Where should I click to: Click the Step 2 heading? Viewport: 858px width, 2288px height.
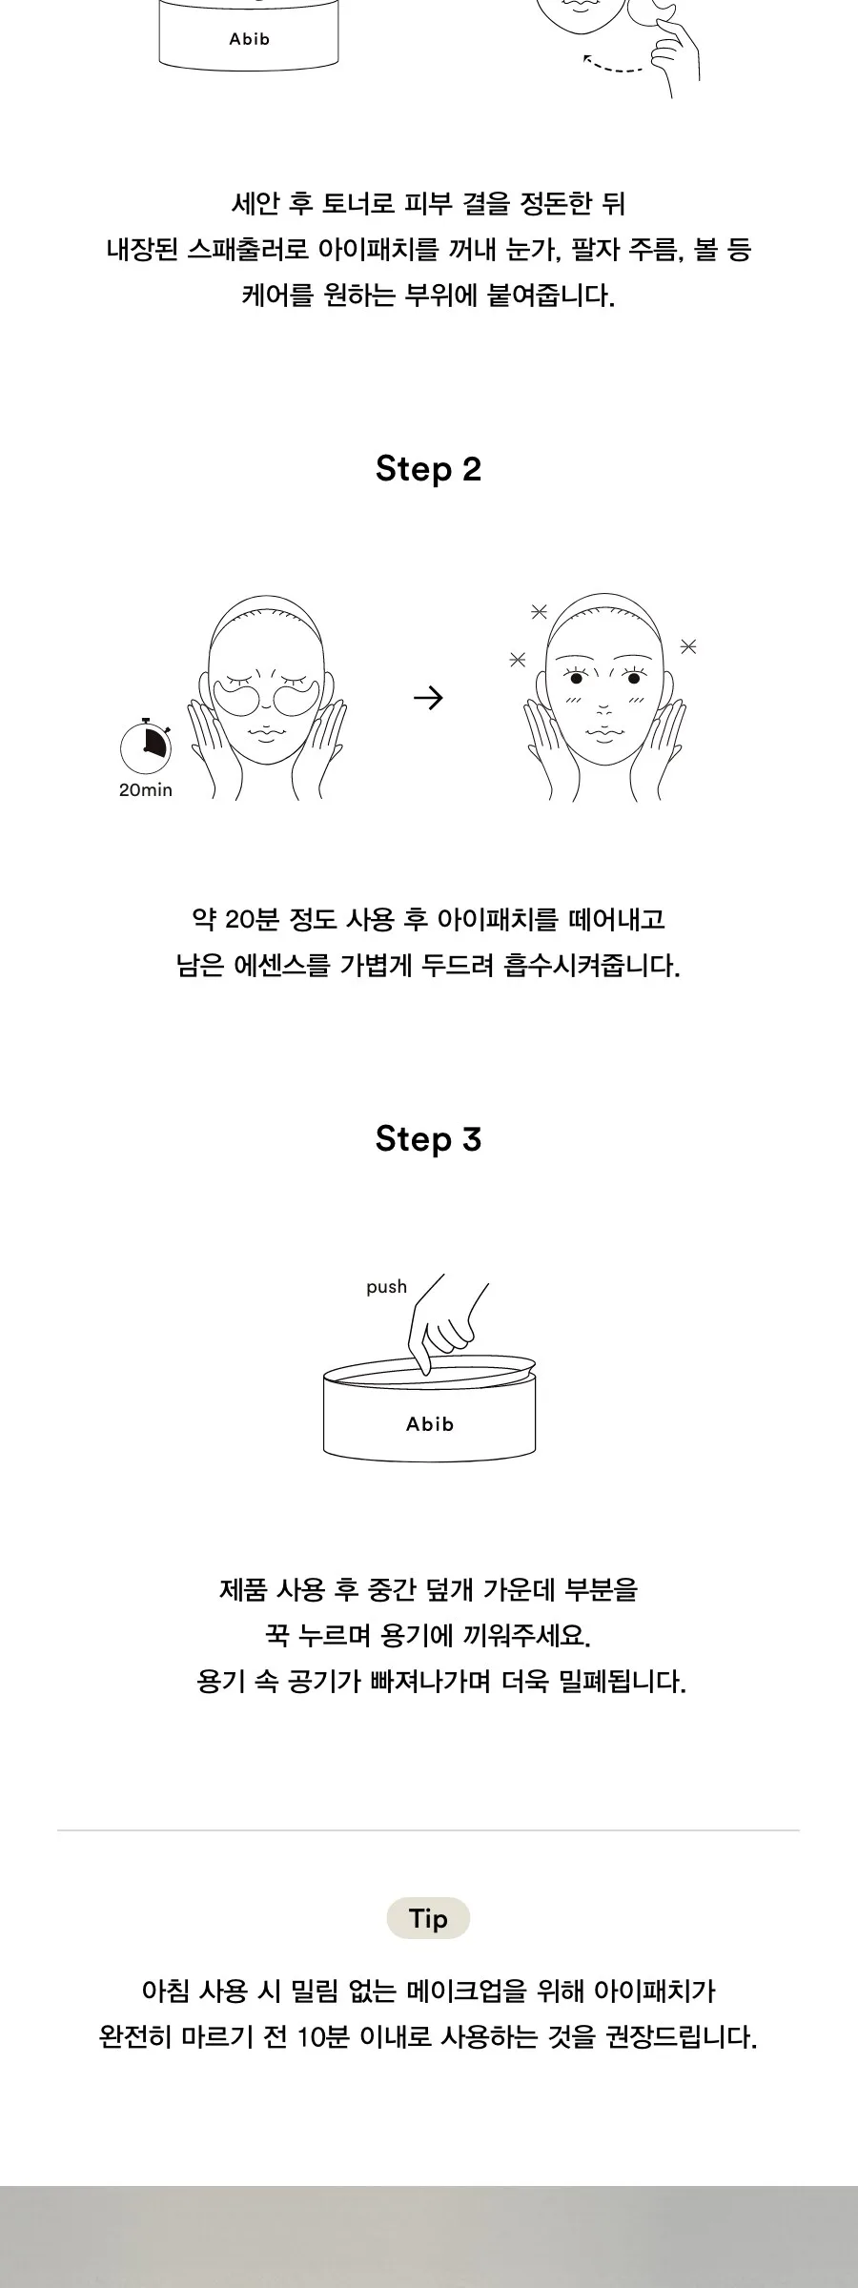[x=428, y=469]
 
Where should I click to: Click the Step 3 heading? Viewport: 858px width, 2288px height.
[x=428, y=1139]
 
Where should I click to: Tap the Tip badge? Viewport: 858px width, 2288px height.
[x=428, y=1918]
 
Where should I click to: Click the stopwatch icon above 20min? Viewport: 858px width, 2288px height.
[x=145, y=745]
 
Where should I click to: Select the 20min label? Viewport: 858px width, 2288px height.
[x=146, y=790]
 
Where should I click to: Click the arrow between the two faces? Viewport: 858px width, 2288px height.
[x=428, y=699]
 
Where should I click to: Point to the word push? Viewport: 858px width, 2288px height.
[x=386, y=1287]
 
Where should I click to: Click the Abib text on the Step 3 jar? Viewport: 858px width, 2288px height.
[x=430, y=1423]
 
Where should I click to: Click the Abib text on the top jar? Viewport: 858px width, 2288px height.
[x=250, y=39]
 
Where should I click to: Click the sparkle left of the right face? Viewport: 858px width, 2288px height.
[x=518, y=659]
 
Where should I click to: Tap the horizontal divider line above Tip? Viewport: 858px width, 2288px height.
[x=428, y=1830]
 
